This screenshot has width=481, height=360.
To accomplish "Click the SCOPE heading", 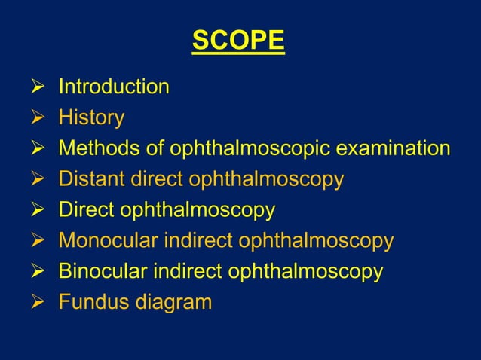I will (x=238, y=41).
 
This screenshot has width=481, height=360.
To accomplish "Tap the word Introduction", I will (x=114, y=87).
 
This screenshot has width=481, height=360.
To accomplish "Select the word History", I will (x=91, y=118).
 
